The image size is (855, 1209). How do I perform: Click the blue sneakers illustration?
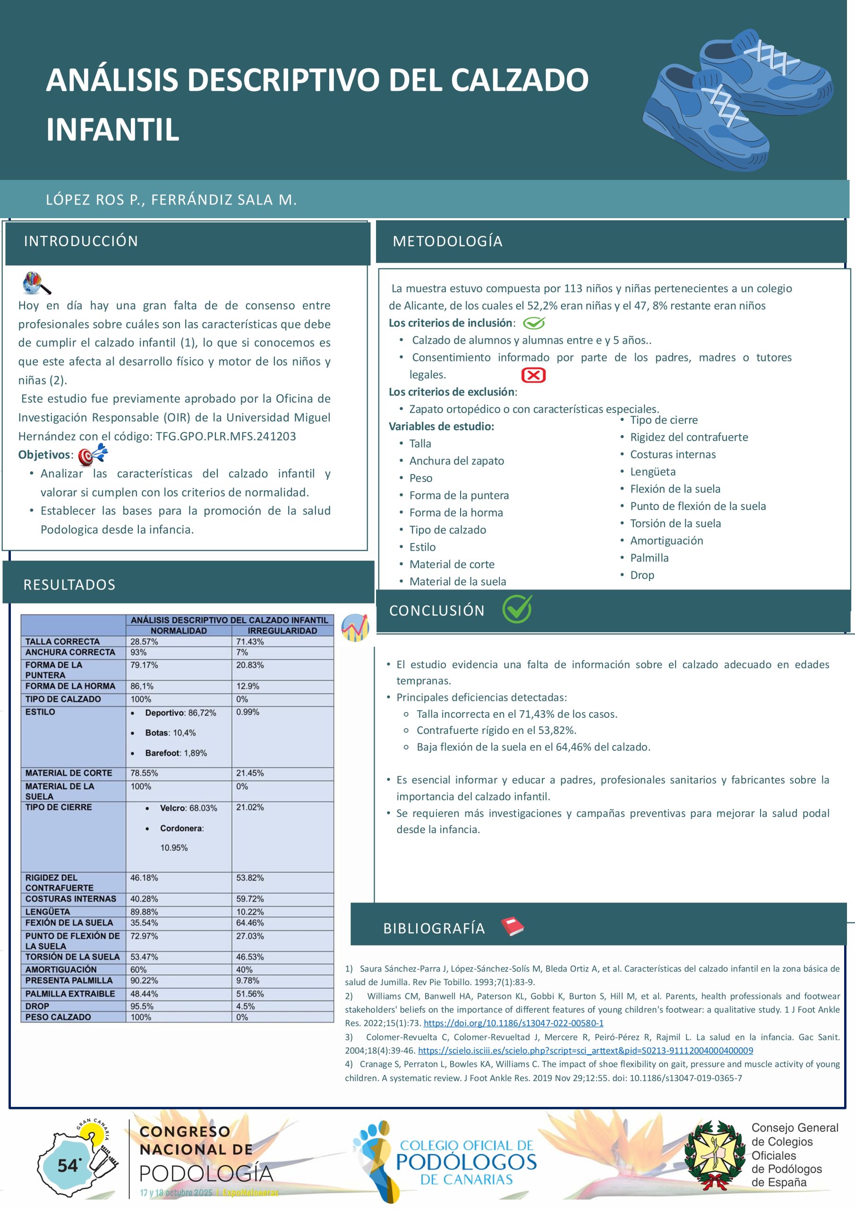pyautogui.click(x=737, y=100)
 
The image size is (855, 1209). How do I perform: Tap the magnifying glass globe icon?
pyautogui.click(x=36, y=283)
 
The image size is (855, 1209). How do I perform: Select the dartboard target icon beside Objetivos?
pyautogui.click(x=92, y=454)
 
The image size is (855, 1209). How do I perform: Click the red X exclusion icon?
pyautogui.click(x=533, y=375)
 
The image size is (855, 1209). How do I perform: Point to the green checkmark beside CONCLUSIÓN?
pyautogui.click(x=517, y=609)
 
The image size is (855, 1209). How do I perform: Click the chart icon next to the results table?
pyautogui.click(x=355, y=628)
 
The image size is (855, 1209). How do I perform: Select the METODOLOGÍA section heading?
pyautogui.click(x=447, y=241)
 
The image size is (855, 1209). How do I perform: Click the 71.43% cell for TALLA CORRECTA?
pyautogui.click(x=250, y=641)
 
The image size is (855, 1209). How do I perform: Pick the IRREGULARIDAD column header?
pyautogui.click(x=282, y=631)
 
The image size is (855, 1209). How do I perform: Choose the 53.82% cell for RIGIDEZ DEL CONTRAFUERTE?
pyautogui.click(x=250, y=878)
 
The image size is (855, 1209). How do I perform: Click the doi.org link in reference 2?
pyautogui.click(x=513, y=1023)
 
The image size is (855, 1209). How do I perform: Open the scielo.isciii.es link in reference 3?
pyautogui.click(x=585, y=1050)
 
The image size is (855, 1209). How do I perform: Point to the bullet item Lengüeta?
pyautogui.click(x=653, y=472)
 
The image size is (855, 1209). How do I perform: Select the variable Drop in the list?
pyautogui.click(x=642, y=575)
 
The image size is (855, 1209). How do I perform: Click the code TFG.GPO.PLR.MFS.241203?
pyautogui.click(x=225, y=436)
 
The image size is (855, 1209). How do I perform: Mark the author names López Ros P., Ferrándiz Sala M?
pyautogui.click(x=171, y=200)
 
